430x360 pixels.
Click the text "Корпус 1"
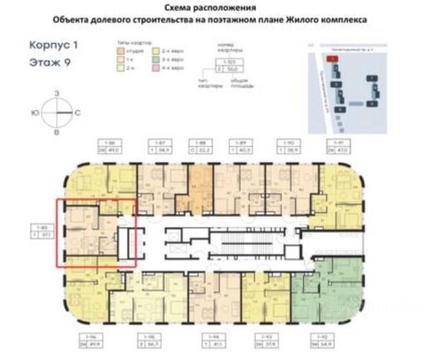pyautogui.click(x=53, y=45)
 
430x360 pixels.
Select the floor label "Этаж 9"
pyautogui.click(x=50, y=63)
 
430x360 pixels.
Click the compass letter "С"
pyautogui.click(x=78, y=113)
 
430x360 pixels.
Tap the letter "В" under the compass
pyautogui.click(x=56, y=133)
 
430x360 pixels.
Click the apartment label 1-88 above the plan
pyautogui.click(x=200, y=142)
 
